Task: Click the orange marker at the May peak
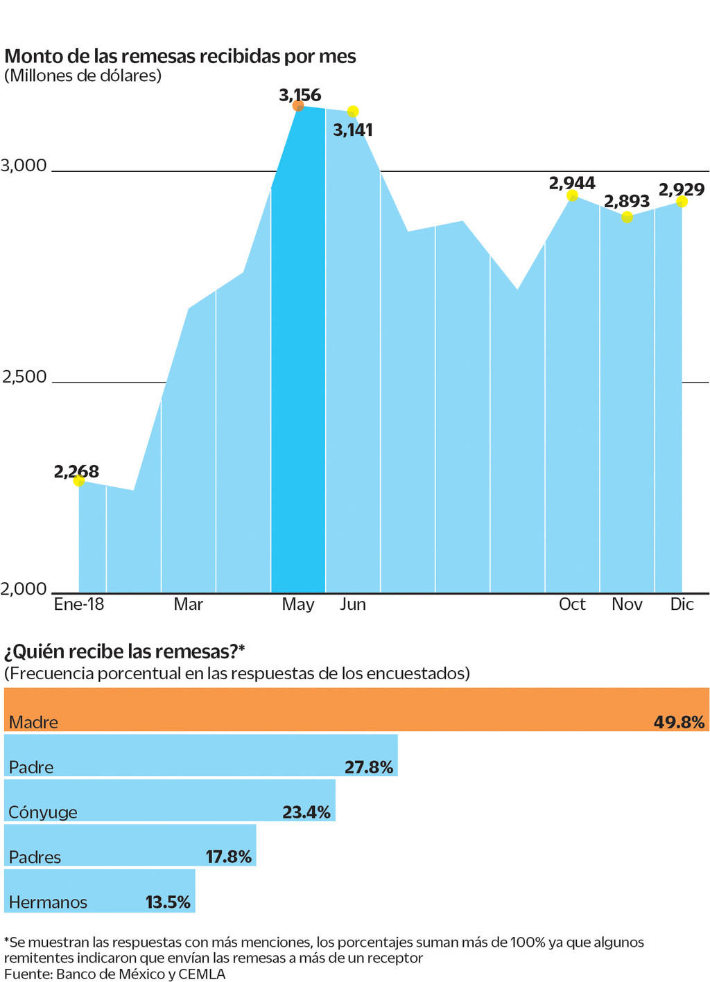[298, 106]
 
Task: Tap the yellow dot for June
[353, 112]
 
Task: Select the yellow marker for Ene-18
[79, 480]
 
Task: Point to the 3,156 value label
[300, 94]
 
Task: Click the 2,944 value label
[572, 183]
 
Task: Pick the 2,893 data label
[627, 201]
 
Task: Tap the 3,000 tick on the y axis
[24, 166]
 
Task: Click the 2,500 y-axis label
[24, 377]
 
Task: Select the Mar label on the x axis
[189, 604]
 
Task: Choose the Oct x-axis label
[572, 604]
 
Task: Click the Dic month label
[682, 604]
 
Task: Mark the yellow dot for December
[682, 202]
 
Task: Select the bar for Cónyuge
[170, 800]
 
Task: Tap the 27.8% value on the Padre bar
[369, 767]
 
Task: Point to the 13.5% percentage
[168, 902]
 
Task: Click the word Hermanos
[48, 902]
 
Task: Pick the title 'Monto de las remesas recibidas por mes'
[180, 56]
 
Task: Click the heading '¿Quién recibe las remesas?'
[125, 651]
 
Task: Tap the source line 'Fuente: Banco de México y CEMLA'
[115, 974]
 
